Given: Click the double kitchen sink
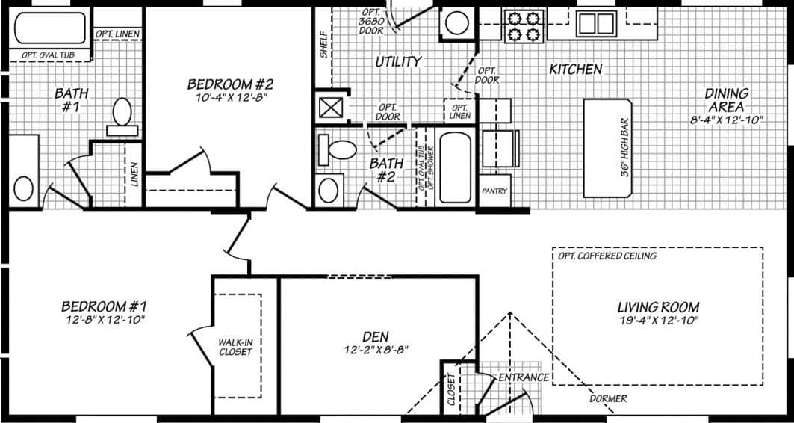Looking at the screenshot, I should coord(595,23).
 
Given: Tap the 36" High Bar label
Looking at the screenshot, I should coord(625,147).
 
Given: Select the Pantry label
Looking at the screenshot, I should coord(494,191).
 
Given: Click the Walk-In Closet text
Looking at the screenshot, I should coord(235,347).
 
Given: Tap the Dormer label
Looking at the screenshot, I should coord(608,398).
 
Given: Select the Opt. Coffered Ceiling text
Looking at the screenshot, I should coord(607,256).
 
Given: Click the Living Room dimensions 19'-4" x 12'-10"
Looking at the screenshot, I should coord(657,320).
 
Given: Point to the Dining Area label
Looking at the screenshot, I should coord(726,100).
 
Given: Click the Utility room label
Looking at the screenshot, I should coord(398,62).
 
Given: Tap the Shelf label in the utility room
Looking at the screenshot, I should coord(323,45).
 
